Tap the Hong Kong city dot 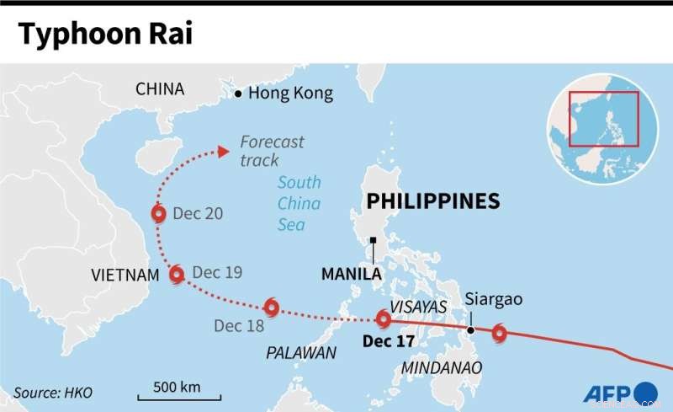point(239,93)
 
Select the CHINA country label point(160,89)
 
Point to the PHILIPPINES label point(433,201)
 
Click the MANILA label point(352,274)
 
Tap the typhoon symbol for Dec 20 point(158,214)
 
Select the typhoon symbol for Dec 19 point(177,274)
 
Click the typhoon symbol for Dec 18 point(271,308)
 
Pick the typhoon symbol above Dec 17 point(384,319)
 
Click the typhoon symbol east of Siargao point(500,334)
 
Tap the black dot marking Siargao point(471,329)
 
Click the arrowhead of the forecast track point(223,152)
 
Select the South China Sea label point(299,203)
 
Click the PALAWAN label point(301,353)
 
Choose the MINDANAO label point(442,368)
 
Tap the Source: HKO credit point(53,393)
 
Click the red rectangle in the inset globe point(604,119)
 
